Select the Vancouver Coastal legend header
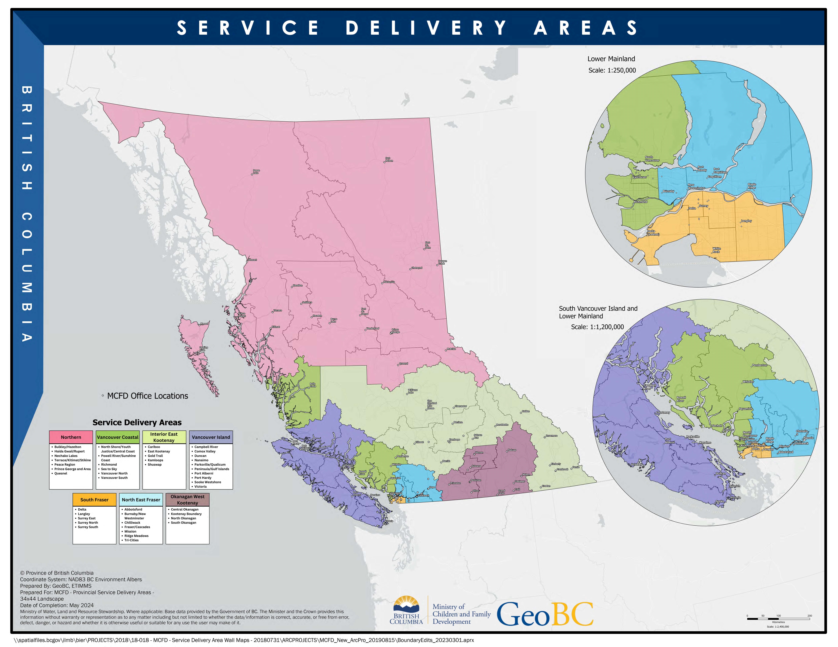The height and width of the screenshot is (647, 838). click(x=117, y=437)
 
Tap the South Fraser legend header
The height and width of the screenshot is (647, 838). click(x=94, y=500)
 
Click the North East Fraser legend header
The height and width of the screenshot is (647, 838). click(x=141, y=500)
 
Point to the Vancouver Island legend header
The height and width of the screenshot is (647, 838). click(x=211, y=437)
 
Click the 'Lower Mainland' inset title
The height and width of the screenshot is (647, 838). click(x=611, y=59)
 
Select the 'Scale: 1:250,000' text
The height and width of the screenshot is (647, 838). click(x=612, y=70)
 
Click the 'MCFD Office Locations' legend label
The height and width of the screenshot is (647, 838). click(x=147, y=396)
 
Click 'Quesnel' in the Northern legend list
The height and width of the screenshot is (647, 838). click(x=61, y=473)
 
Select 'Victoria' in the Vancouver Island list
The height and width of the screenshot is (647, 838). click(x=200, y=486)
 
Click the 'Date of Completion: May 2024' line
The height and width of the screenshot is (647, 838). click(x=57, y=605)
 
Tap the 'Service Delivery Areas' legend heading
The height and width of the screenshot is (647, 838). click(x=137, y=422)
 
